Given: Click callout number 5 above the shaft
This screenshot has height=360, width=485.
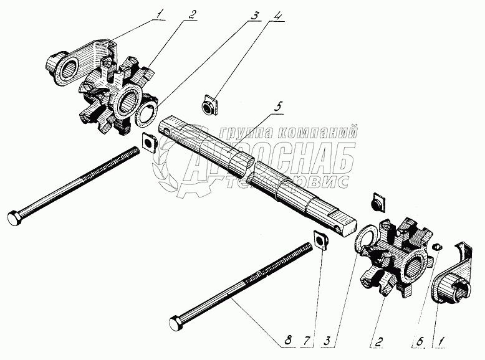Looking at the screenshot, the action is click(x=278, y=107).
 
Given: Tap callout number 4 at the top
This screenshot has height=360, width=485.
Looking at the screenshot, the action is click(x=279, y=16).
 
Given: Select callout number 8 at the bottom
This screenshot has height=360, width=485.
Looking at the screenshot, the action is click(x=287, y=341).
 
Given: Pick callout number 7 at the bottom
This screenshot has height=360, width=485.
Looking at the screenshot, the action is click(x=307, y=341).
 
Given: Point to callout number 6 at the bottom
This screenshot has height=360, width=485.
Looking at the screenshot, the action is click(x=420, y=341).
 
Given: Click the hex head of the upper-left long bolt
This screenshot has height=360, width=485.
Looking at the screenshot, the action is click(x=14, y=219).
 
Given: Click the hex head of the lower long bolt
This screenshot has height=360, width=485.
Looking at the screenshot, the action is click(x=176, y=323).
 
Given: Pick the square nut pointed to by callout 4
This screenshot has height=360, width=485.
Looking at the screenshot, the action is click(x=209, y=105).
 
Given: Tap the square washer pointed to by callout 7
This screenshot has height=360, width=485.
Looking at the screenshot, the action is click(x=321, y=240).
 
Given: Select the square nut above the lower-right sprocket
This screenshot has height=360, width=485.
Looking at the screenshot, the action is click(x=378, y=203).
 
